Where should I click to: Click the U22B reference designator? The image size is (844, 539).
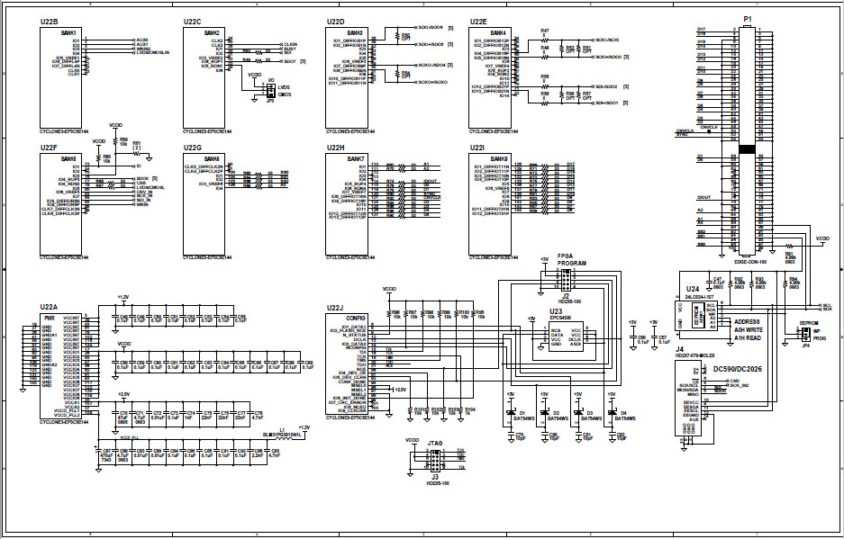(x=50, y=20)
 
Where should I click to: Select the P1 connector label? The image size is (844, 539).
(x=747, y=19)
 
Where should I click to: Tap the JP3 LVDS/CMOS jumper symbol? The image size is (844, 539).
(x=269, y=89)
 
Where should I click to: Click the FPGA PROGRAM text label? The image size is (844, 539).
(x=571, y=259)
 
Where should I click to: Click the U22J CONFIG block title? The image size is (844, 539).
(x=356, y=319)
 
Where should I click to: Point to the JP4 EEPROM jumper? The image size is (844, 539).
(x=804, y=336)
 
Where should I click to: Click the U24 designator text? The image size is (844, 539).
(x=692, y=289)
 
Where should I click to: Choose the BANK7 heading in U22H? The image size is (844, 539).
(x=356, y=158)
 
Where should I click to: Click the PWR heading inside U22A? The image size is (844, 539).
(x=50, y=318)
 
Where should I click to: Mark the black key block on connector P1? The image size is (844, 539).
(x=746, y=148)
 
